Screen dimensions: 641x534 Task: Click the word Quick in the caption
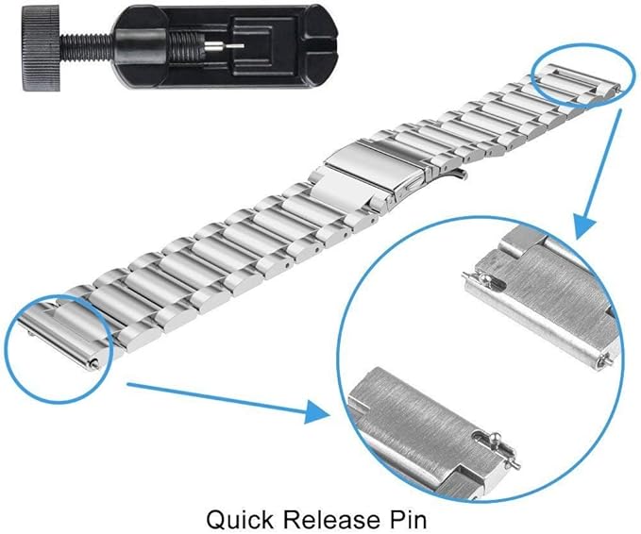coord(239,520)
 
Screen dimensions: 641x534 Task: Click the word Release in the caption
coord(331,519)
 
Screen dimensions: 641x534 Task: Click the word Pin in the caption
coord(409,519)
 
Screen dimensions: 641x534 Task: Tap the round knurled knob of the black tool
coord(42,49)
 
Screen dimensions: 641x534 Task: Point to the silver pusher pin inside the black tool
coord(224,46)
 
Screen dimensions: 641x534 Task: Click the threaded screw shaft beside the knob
coord(87,47)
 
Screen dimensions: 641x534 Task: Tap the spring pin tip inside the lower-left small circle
coord(94,363)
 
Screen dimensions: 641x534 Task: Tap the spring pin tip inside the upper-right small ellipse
coord(619,88)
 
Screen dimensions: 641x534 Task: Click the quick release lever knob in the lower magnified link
coord(497,438)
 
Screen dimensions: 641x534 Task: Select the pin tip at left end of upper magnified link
coord(467,276)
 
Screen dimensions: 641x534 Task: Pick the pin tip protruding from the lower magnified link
coord(515,464)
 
